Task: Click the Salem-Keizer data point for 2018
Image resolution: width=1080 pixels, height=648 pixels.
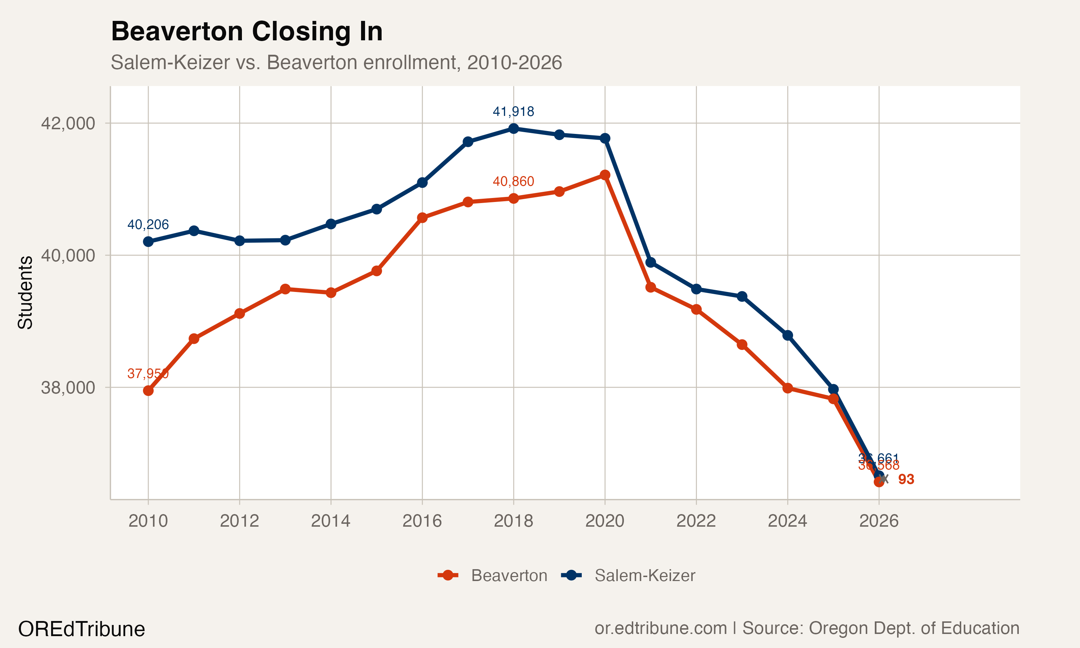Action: (x=513, y=129)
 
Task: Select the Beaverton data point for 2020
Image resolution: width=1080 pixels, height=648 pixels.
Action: (x=604, y=175)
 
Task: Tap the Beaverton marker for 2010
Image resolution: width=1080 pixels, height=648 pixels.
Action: (x=148, y=390)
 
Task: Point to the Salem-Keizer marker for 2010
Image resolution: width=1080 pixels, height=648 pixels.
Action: (x=148, y=242)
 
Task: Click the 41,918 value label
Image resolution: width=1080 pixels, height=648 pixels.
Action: (x=513, y=112)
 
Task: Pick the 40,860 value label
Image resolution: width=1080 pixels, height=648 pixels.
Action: (x=513, y=181)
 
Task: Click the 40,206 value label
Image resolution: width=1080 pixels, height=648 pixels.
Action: (x=148, y=224)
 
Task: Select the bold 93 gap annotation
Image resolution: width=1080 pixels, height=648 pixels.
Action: (x=906, y=480)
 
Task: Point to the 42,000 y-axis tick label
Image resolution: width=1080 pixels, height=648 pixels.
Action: (x=68, y=123)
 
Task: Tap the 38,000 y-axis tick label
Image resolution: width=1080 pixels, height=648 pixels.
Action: (x=68, y=387)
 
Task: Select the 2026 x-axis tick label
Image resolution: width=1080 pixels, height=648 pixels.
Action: (x=878, y=521)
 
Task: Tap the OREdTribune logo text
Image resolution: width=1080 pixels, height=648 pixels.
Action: (x=81, y=629)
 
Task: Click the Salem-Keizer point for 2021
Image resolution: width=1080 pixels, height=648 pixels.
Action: (x=651, y=262)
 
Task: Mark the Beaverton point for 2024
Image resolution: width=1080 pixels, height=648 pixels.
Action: (x=788, y=388)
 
